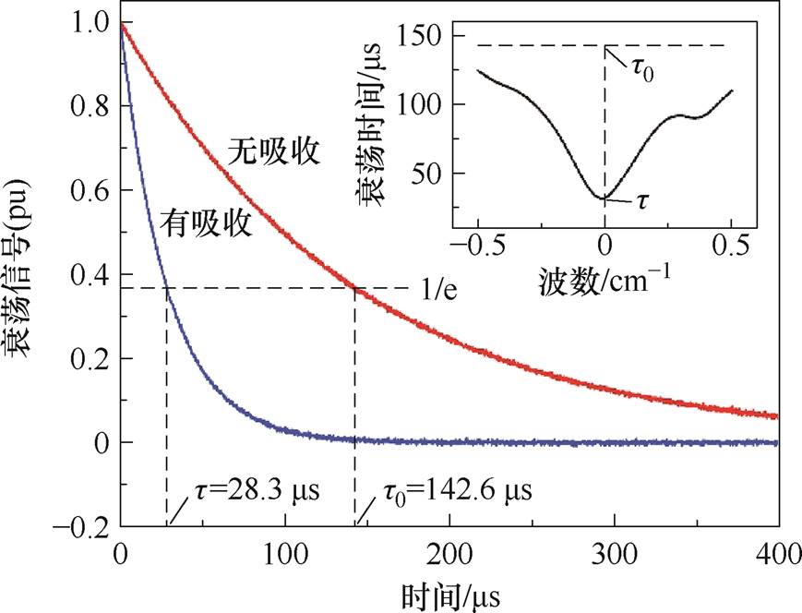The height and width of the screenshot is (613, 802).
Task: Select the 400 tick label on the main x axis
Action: (x=777, y=556)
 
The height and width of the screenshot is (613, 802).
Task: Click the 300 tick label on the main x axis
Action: (x=614, y=556)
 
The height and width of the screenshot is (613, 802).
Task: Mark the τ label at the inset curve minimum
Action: (x=640, y=200)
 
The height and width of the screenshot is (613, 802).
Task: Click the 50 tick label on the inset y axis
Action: (x=428, y=174)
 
